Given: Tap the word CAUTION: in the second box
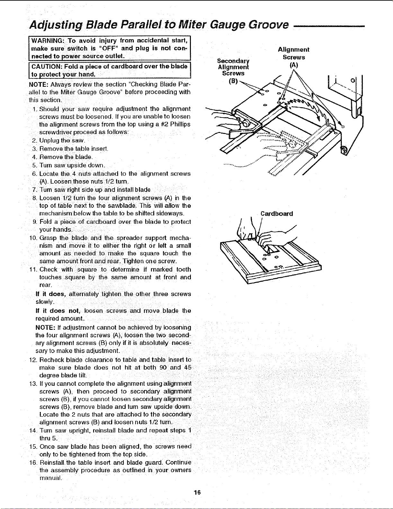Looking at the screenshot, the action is pyautogui.click(x=47, y=66).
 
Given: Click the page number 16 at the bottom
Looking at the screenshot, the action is pyautogui.click(x=197, y=493).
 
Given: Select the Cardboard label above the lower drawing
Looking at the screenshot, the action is pyautogui.click(x=277, y=214).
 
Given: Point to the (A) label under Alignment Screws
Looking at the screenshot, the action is pyautogui.click(x=294, y=65).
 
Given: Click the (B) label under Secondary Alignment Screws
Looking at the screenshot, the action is pyautogui.click(x=233, y=81).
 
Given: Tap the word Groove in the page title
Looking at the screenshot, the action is pyautogui.click(x=269, y=25).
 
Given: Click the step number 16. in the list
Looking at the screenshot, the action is pyautogui.click(x=33, y=463).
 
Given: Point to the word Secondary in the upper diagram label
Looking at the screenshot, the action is pyautogui.click(x=233, y=61).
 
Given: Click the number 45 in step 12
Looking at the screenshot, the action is pyautogui.click(x=188, y=367).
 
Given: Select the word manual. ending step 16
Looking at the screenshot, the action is pyautogui.click(x=51, y=478).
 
